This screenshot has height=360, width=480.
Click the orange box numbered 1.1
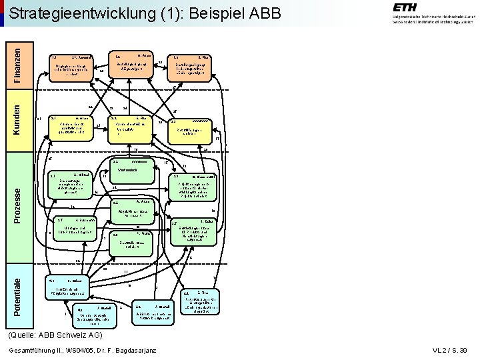point(73,67)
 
